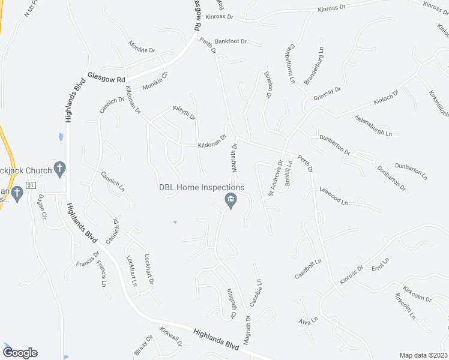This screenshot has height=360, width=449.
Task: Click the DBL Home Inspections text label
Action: pos(201,187)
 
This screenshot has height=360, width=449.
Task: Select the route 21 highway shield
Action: pos(32,185)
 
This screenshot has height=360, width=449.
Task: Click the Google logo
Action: pos(20,352)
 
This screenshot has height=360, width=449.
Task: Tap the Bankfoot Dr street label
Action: pos(231,41)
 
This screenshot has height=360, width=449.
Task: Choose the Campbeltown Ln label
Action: pos(292,62)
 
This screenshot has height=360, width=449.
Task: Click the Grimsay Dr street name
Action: pos(327,93)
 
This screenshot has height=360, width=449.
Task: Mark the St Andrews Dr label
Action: pos(275,178)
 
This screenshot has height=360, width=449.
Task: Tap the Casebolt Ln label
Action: pos(309,269)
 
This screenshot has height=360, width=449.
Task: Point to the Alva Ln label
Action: pos(308,322)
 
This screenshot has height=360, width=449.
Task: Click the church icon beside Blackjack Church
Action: pos(59,169)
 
